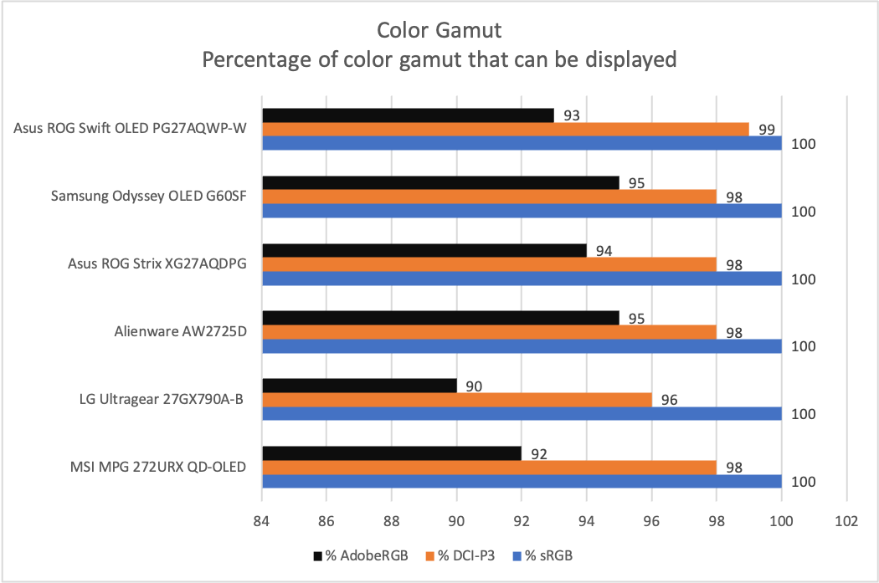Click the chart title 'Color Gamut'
[439, 31]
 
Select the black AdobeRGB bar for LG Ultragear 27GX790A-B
[360, 386]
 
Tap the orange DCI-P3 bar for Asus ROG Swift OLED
[506, 130]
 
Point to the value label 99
[766, 130]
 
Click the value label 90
[474, 386]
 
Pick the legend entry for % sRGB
[547, 555]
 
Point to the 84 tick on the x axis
[263, 521]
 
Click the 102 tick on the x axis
[846, 521]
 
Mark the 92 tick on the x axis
[522, 521]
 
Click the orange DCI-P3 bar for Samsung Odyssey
[490, 197]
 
